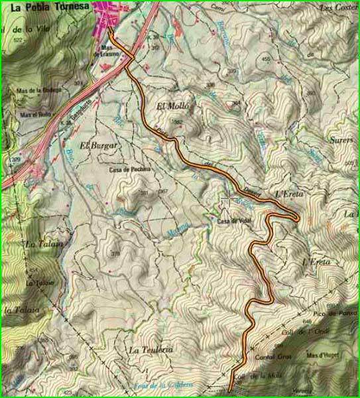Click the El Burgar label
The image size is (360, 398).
(98, 145)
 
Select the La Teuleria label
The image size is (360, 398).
(151, 350)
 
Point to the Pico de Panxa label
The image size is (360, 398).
(330, 312)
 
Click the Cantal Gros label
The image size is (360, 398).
(269, 357)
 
